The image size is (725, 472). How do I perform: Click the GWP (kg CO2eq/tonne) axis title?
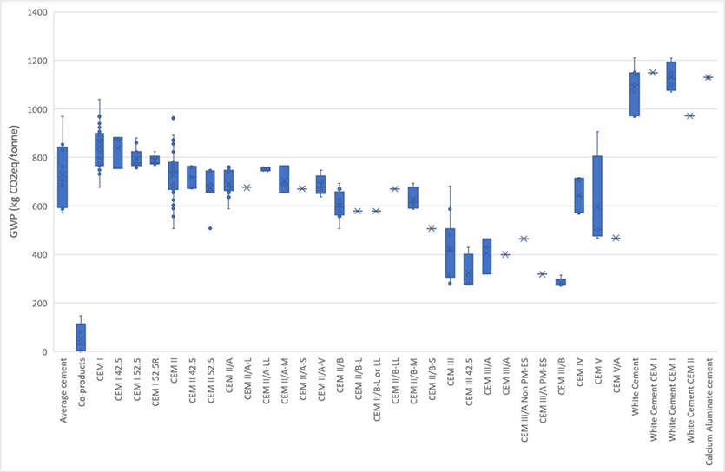click(x=10, y=182)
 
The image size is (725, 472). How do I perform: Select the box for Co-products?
click(x=81, y=337)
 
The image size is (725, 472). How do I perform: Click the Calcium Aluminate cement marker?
click(x=708, y=77)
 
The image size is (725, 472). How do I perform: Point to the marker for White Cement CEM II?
click(x=689, y=115)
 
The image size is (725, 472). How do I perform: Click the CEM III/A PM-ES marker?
click(x=542, y=274)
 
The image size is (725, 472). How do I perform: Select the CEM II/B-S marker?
click(x=432, y=228)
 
